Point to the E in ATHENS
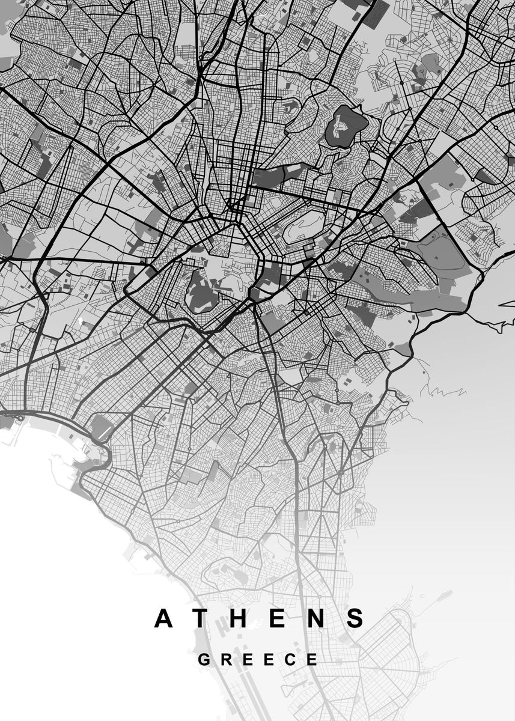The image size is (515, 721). click(x=278, y=618)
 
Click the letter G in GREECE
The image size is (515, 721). click(x=204, y=659)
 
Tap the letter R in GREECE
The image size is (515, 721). click(x=226, y=659)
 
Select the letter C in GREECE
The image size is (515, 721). click(x=290, y=659)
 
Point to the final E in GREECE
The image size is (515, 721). click(x=312, y=659)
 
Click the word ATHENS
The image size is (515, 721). click(x=260, y=618)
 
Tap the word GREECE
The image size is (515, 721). click(x=258, y=659)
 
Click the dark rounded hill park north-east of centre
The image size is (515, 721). click(x=346, y=124)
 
